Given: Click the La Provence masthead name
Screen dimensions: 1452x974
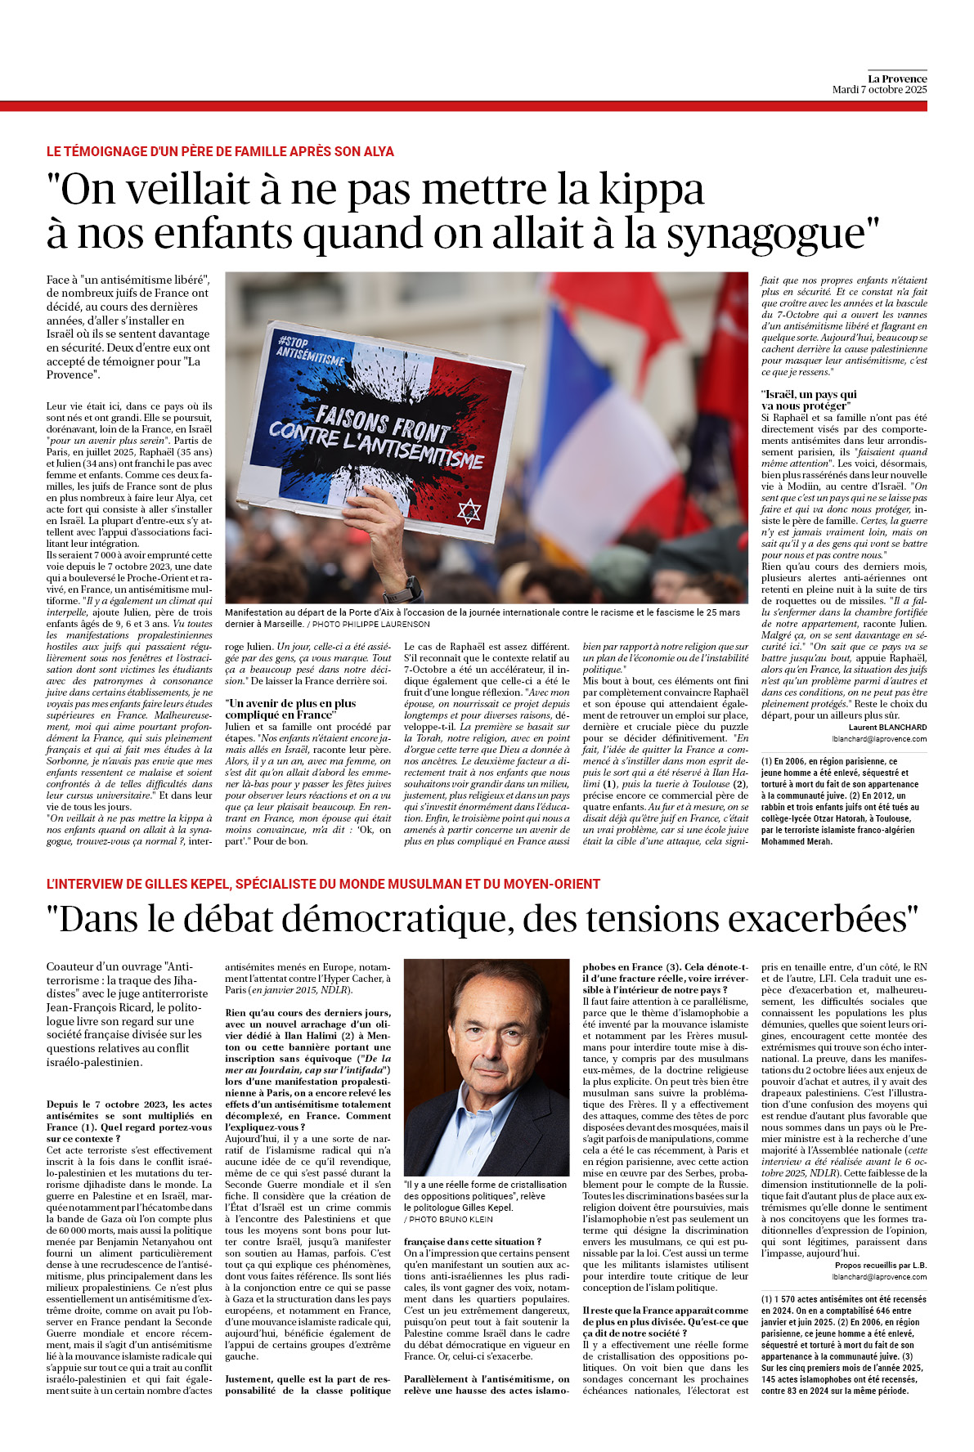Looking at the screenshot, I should pos(897,78).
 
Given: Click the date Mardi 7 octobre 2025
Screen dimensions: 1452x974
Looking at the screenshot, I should pos(879,90).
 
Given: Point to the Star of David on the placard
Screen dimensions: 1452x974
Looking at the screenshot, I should pos(469,512).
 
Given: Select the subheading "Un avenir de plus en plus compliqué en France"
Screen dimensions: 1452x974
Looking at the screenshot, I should pos(290,709).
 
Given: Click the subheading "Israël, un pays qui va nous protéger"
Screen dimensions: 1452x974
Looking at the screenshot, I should pos(809,400).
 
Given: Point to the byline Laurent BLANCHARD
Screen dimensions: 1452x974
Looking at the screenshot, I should pos(887,727).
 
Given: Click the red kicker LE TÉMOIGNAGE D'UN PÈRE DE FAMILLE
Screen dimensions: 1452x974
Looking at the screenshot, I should pos(220,152).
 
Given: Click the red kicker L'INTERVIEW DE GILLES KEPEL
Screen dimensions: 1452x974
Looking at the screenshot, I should pos(323,884).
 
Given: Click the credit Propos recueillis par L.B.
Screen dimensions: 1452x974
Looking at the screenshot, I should pos(881,1265).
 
